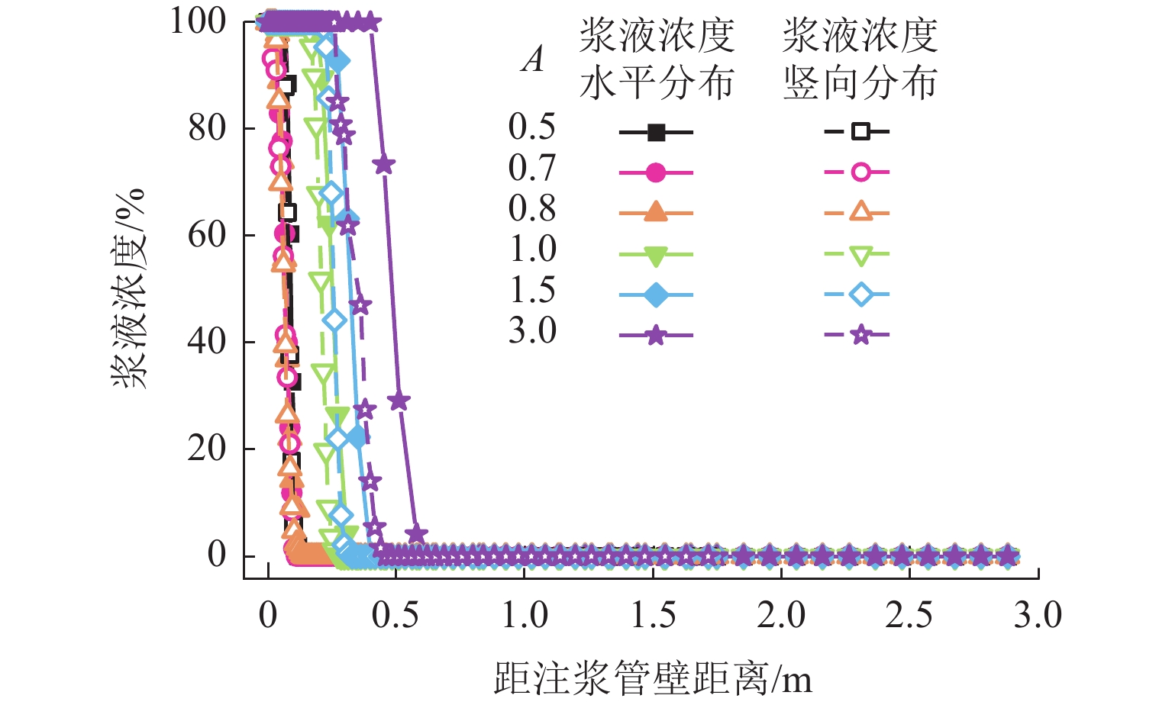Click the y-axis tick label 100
click(x=198, y=21)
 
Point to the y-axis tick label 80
click(x=208, y=128)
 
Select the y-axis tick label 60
click(x=208, y=235)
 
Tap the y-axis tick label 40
click(x=208, y=341)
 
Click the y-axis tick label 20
click(x=208, y=448)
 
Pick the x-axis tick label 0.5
click(x=396, y=616)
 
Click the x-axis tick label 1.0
click(x=525, y=616)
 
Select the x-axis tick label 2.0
click(x=781, y=616)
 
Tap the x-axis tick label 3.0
click(x=1038, y=616)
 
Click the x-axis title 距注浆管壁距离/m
click(x=653, y=678)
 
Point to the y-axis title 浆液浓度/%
click(x=128, y=288)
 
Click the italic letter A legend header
click(x=533, y=60)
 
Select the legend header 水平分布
click(x=657, y=83)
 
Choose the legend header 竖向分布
click(x=860, y=83)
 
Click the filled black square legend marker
click(x=656, y=132)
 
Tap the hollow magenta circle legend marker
click(x=860, y=172)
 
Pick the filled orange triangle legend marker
click(x=656, y=213)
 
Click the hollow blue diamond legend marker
click(x=860, y=295)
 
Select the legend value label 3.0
click(x=532, y=331)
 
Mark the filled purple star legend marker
click(x=656, y=335)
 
